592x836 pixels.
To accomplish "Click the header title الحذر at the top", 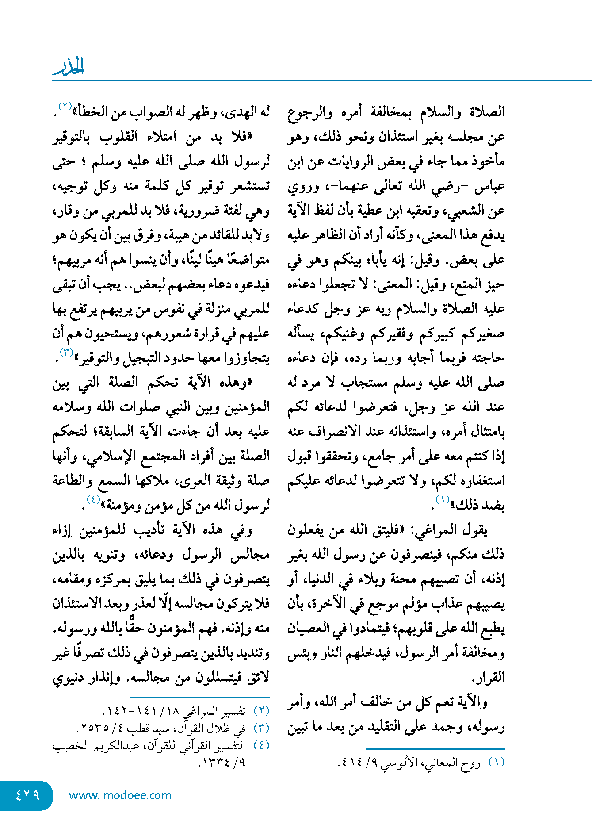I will pos(69,67).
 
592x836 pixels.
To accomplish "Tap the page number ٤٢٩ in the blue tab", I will pos(27,795).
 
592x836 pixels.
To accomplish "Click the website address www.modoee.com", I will pos(120,795).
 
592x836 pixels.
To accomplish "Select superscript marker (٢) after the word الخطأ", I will pos(65,107).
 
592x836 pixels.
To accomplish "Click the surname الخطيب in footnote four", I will pos(71,746).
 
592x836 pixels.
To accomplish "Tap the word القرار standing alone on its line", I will pos(488,677).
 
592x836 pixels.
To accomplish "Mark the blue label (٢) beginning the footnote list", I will pos(261,711).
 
